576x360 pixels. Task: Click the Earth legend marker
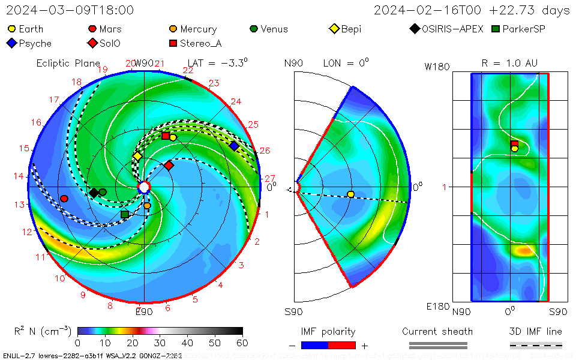point(12,29)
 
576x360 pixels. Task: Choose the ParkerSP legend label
point(523,29)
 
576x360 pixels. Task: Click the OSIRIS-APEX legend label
point(452,29)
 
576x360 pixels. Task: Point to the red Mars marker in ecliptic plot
point(64,199)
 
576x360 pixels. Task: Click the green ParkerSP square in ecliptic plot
point(125,214)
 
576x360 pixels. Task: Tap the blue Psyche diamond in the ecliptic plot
point(234,146)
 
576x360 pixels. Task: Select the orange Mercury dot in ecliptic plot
point(148,206)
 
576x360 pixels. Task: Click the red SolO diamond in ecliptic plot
point(169,165)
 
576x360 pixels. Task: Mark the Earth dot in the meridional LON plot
point(350,194)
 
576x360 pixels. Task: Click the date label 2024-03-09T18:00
point(70,10)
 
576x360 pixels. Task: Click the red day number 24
point(236,101)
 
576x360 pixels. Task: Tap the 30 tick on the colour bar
point(160,343)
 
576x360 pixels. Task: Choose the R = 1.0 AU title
point(509,63)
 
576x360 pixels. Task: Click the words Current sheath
point(437,331)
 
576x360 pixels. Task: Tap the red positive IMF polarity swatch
point(342,345)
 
